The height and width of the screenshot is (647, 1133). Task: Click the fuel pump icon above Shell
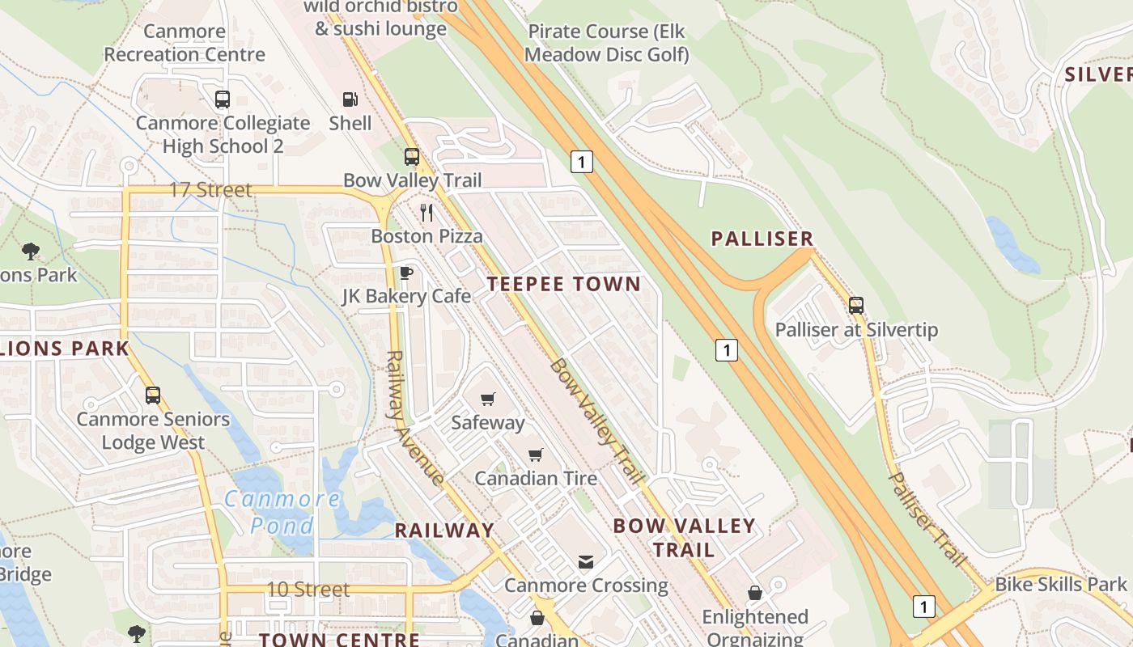pos(350,99)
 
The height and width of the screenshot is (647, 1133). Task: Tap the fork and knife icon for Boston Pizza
pos(426,213)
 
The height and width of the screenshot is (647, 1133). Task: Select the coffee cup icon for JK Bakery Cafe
pos(406,273)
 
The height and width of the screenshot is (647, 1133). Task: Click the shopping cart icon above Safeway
pos(487,399)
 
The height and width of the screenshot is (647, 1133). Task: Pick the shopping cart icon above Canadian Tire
pos(535,455)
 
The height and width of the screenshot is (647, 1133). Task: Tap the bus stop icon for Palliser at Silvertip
pos(856,306)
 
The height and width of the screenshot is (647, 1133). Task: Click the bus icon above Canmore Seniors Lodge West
pos(153,395)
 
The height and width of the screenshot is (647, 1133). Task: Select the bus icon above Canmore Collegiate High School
pos(223,99)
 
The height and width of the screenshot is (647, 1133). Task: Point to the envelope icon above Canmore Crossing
pos(586,561)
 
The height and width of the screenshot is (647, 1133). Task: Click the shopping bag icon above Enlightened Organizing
pos(754,594)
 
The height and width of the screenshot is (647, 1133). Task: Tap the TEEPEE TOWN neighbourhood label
pos(564,284)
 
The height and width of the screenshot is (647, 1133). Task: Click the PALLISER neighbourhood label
pos(762,239)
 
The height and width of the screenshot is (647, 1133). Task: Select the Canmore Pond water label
pos(282,512)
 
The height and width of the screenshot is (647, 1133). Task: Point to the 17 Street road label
pos(210,190)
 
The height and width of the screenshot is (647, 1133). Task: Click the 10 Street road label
pos(308,590)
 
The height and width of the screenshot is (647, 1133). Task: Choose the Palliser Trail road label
pos(927,518)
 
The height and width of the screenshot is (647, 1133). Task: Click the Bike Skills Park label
pos(1060,584)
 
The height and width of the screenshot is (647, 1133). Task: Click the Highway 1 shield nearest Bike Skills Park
pos(923,606)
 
